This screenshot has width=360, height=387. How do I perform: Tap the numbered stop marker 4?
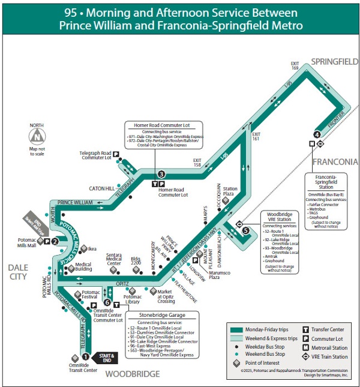[316, 134]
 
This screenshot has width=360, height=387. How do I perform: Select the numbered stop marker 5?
[246, 230]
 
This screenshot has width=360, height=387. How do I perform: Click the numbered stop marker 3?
[161, 173]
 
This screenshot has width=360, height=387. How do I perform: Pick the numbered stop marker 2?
[55, 242]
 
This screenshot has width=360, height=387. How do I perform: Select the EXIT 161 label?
[256, 136]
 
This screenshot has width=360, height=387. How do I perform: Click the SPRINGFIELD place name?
[334, 61]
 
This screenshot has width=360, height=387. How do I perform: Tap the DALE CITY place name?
[17, 272]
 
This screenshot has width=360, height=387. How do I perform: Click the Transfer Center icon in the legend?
[306, 329]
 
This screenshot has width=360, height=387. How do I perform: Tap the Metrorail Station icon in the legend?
[306, 347]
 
